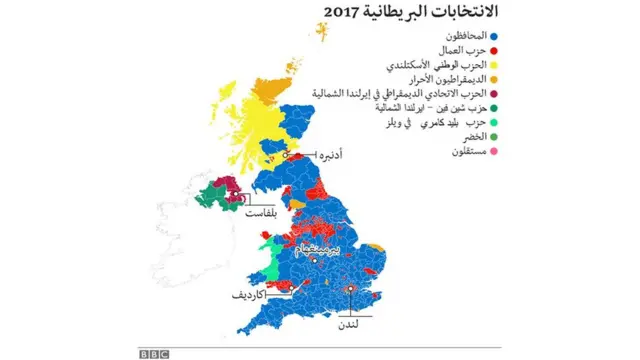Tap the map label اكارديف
point(252,297)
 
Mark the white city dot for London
point(352,290)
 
